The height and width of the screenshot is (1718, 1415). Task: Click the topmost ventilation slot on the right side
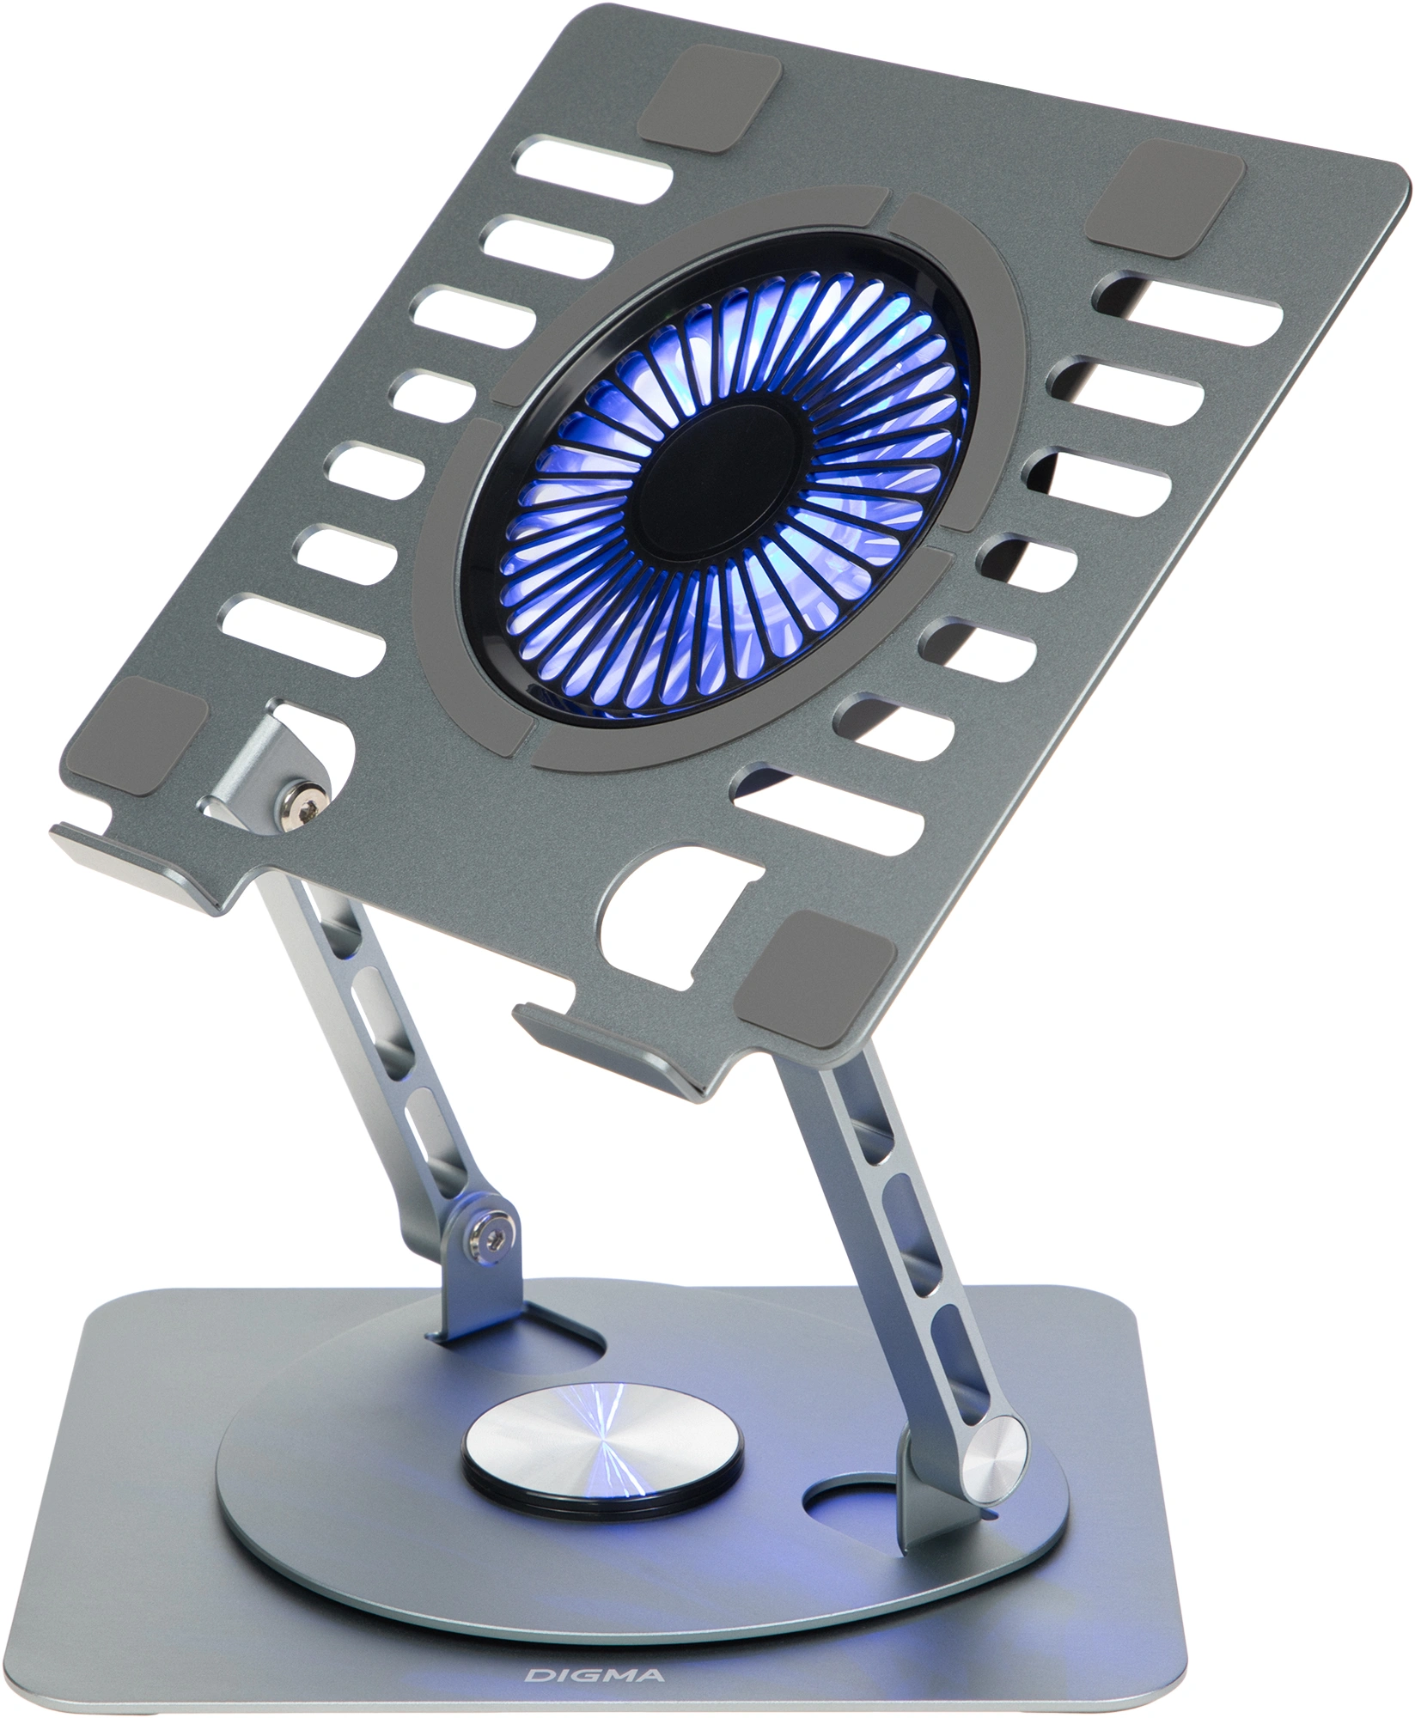click(x=1189, y=311)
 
